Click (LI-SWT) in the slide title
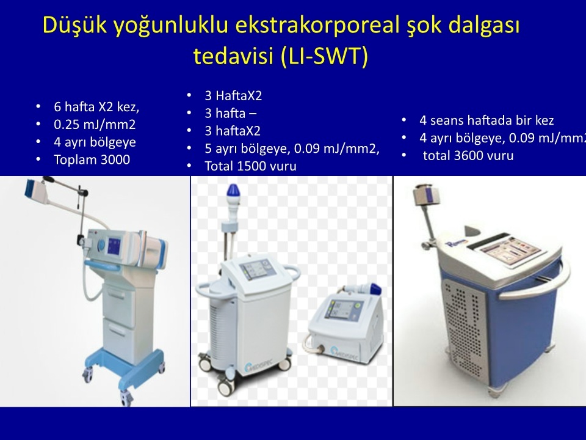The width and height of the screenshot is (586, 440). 324,56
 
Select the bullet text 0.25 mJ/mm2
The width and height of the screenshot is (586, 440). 95,125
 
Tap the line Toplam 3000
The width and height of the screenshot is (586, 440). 92,159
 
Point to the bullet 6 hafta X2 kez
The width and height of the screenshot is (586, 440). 96,107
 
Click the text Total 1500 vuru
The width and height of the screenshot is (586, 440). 250,166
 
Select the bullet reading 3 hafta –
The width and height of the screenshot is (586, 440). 231,113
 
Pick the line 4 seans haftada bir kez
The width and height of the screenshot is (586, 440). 487,120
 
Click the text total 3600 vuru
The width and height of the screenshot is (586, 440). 468,156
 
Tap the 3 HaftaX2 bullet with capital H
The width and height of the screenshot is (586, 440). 233,96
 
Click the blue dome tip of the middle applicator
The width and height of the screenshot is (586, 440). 233,191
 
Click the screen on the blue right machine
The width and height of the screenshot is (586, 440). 511,249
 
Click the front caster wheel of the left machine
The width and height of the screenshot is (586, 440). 126,397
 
